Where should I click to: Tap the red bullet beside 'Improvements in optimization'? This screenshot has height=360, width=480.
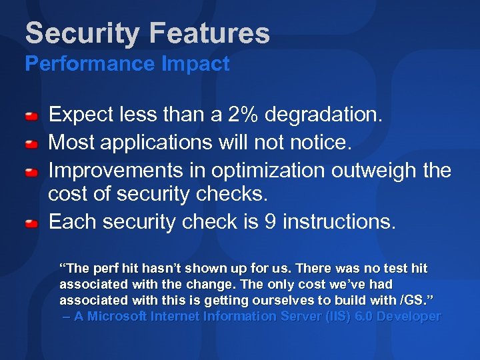[31, 173]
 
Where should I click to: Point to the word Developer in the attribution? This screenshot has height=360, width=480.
[409, 317]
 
